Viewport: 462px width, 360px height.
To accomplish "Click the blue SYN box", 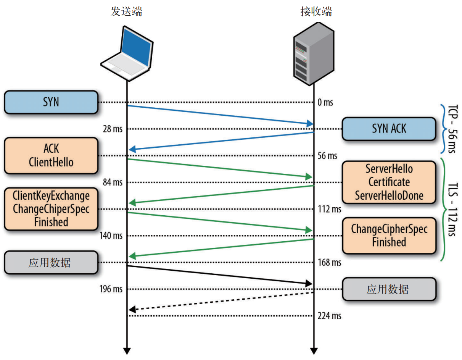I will point(51,102).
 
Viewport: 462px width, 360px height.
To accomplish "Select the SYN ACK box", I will point(389,129).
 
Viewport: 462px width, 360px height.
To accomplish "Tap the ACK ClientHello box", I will point(51,156).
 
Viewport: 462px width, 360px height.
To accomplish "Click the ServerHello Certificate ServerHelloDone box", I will point(389,182).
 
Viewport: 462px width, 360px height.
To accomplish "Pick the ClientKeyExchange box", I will point(51,209).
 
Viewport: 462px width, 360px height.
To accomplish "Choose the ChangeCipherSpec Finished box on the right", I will point(389,236).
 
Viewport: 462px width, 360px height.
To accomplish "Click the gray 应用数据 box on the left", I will point(51,263).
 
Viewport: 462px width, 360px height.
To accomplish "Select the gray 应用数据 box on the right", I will point(389,289).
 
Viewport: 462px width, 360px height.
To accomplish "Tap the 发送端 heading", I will point(126,12).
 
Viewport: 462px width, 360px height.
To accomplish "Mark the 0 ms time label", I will point(325,102).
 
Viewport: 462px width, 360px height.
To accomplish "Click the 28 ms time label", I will point(113,129).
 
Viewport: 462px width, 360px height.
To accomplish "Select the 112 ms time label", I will point(329,209).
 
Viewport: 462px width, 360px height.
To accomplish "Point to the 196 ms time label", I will point(111,289).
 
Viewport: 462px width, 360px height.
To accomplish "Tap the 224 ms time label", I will point(329,316).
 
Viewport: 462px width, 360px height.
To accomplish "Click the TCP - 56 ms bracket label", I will point(451,129).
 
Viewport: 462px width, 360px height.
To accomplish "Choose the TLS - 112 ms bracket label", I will point(451,209).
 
